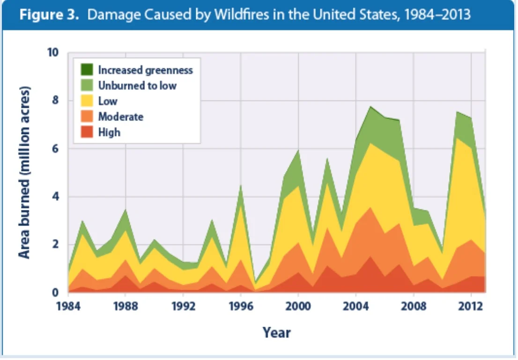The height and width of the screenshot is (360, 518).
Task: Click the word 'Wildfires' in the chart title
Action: [234, 15]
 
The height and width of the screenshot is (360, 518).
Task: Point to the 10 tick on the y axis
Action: [53, 52]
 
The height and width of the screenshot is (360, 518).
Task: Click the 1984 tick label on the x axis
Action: [68, 307]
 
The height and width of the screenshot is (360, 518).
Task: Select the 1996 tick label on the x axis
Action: [241, 307]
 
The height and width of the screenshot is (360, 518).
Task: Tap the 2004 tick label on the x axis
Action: [356, 307]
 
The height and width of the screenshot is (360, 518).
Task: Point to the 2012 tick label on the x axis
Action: [471, 307]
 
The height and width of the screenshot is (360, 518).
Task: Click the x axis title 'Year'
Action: [276, 333]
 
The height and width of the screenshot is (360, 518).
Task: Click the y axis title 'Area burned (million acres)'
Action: [24, 172]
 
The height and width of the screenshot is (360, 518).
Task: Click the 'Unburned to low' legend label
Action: [137, 85]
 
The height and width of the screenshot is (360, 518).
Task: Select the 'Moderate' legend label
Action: [120, 117]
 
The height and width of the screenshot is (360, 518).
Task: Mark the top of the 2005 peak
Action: [370, 107]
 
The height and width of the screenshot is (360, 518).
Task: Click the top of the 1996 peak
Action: [241, 185]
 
